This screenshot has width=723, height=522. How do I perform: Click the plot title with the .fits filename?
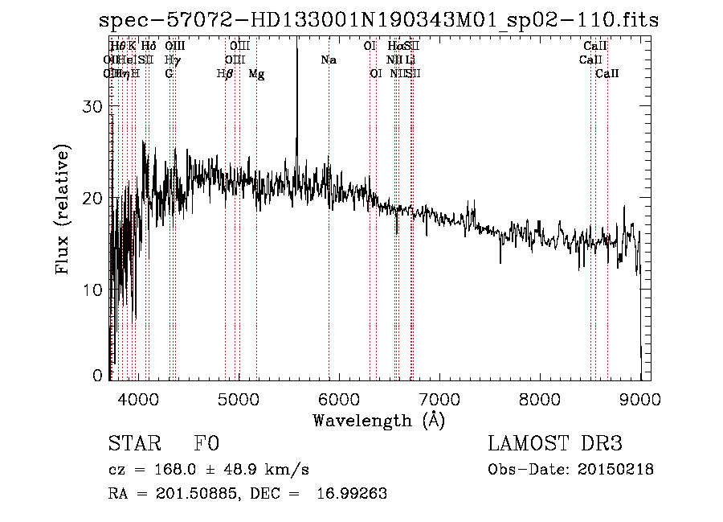coord(378,21)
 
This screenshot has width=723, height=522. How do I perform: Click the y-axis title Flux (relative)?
coord(63,209)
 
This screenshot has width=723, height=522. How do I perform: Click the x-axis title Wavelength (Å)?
coord(378,420)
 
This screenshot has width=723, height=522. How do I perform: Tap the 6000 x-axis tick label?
coord(339,398)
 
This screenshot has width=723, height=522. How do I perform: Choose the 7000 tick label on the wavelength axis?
coord(439,398)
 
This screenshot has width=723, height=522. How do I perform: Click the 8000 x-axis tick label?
coord(540,398)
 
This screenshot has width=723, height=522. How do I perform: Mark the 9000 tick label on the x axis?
coord(640,398)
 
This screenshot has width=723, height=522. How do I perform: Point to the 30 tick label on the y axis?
coord(94,107)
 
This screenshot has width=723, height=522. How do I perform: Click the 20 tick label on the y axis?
coord(94,198)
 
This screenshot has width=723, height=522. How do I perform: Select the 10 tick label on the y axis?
coord(94,290)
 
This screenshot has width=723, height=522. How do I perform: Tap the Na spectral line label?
coord(328,60)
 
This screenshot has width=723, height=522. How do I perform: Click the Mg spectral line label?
coord(256,74)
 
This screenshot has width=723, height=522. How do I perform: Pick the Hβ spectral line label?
coord(225,74)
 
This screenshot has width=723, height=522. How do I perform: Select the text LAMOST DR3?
coord(555,444)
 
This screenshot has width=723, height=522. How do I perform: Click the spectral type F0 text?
coord(206,444)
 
